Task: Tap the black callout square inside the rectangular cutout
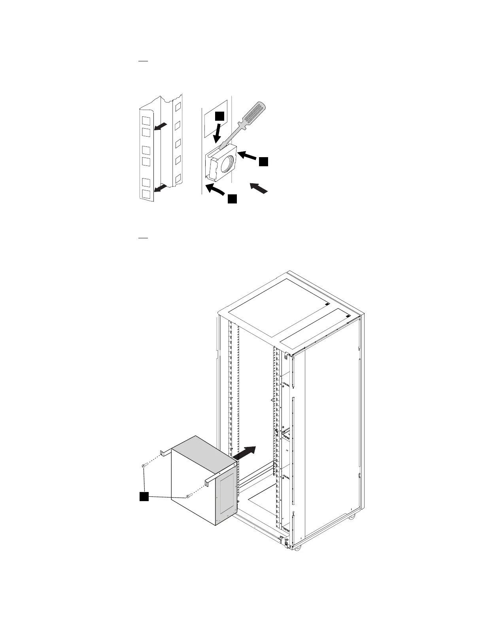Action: [x=219, y=116]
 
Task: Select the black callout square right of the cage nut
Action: [x=264, y=161]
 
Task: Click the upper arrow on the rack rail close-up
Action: [x=161, y=126]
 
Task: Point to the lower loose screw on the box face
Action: [x=189, y=495]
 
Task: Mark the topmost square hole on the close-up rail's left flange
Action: [x=146, y=119]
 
